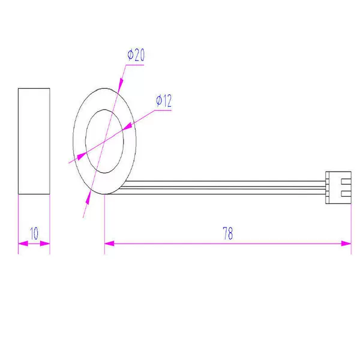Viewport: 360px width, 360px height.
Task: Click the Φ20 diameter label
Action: [x=136, y=55]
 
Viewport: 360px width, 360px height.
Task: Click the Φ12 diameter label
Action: [x=164, y=101]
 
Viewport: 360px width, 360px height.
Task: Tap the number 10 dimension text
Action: [x=34, y=233]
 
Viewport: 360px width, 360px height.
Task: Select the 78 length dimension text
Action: [x=228, y=233]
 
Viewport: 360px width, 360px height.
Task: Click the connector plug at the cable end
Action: [x=338, y=188]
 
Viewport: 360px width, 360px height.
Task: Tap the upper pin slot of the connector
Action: [x=346, y=182]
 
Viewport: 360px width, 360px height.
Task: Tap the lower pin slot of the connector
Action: [x=346, y=194]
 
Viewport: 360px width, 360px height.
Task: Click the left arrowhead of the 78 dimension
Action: [x=109, y=244]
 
